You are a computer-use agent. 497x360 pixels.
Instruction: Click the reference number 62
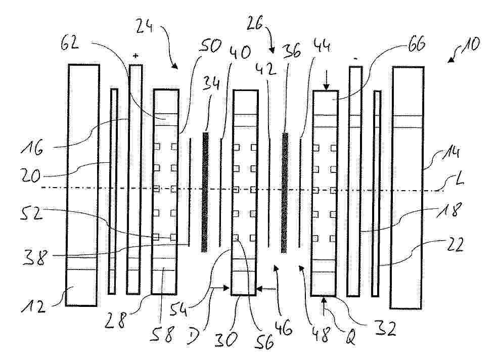[x=70, y=42]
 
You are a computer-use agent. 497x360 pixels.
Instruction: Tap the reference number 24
[x=145, y=25]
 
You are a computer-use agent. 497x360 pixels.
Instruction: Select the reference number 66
[x=416, y=44]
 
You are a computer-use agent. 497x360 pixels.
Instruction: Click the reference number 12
[x=33, y=306]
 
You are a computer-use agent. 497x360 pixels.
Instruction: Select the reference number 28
[x=115, y=321]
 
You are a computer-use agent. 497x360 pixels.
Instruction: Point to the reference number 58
[x=162, y=334]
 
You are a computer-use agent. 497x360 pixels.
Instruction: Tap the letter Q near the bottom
[x=349, y=338]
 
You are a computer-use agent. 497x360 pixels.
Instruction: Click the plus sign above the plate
[x=135, y=56]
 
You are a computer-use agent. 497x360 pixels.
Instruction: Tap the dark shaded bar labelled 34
[x=205, y=192]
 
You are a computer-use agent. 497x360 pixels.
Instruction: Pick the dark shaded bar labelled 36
[x=285, y=193]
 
